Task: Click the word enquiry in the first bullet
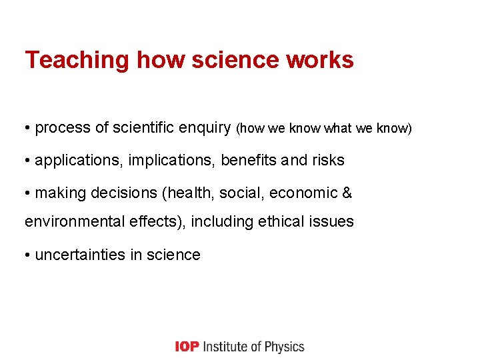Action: click(204, 128)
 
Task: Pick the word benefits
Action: click(249, 161)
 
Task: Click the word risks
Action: click(327, 161)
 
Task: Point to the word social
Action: click(227, 193)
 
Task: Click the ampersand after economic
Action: click(347, 193)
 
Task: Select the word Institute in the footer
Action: click(225, 347)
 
